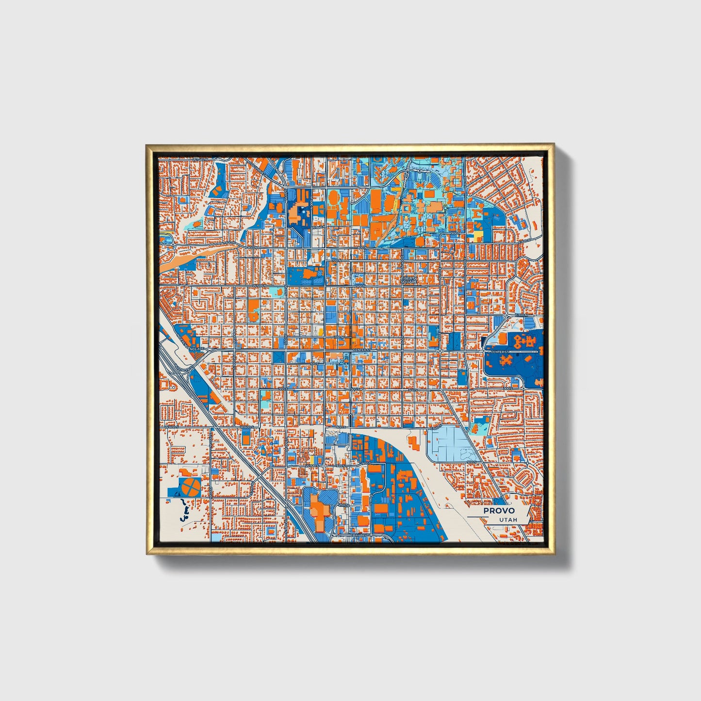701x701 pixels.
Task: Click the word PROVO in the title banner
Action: coord(499,511)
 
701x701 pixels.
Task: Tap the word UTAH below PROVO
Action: coord(507,520)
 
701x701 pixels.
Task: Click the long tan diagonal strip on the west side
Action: coord(194,256)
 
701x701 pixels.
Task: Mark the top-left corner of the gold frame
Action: coord(147,145)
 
